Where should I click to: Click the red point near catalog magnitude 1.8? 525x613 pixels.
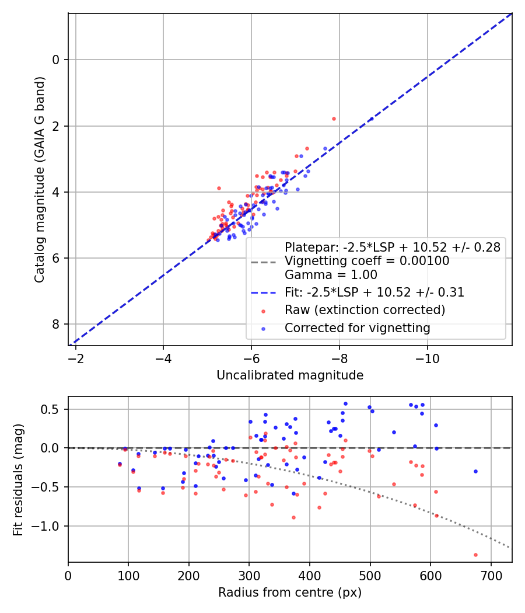point(334,119)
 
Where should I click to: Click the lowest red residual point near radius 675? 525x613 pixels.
point(475,555)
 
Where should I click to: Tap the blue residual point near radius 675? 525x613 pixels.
point(475,471)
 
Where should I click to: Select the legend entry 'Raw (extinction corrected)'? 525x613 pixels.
point(365,309)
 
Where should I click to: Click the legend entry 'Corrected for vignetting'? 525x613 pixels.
point(357,328)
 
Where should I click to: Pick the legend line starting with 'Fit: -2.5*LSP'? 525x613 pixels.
point(374,292)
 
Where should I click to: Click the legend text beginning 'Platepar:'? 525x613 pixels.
point(392,247)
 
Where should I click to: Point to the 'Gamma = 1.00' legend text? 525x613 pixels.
point(331,274)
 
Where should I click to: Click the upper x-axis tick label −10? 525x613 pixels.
point(428,358)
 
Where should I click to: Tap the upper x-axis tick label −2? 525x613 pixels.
point(75,358)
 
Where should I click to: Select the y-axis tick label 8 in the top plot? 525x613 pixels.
point(56,325)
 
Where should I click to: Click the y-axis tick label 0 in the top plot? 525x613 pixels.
point(56,60)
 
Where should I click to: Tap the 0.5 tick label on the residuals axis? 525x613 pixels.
point(52,409)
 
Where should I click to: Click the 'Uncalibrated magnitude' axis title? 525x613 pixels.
point(290,375)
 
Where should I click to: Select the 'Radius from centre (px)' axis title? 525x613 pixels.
point(290,593)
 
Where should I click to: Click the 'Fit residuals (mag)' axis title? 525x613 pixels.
point(18,480)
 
